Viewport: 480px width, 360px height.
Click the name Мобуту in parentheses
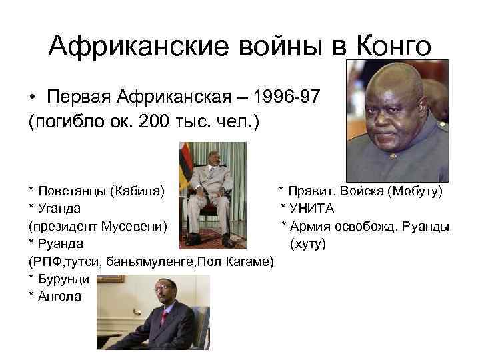(x=416, y=192)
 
